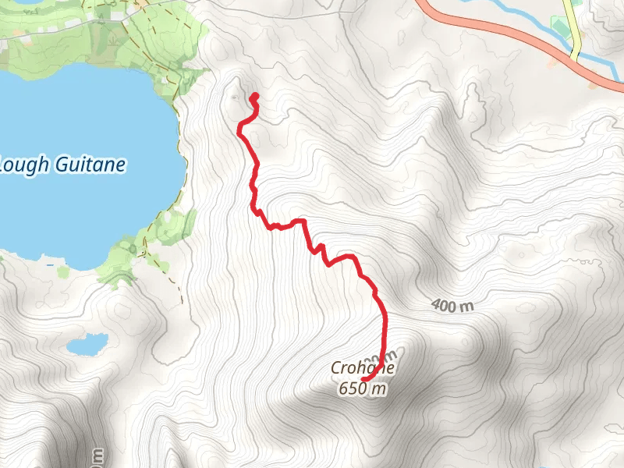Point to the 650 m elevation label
363,388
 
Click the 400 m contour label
452,306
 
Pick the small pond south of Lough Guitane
87,343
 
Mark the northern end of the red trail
254,97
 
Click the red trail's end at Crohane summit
364,380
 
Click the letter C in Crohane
335,369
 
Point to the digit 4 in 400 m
435,303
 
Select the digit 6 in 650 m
342,388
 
